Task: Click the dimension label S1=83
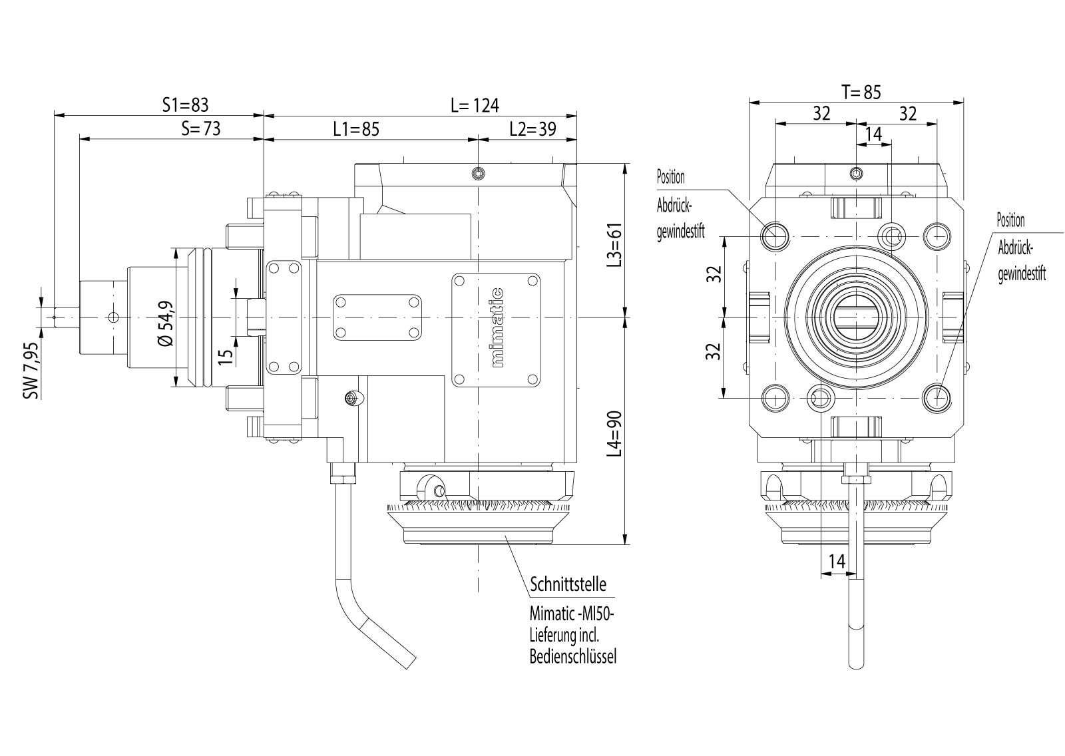[186, 105]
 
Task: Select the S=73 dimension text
[200, 128]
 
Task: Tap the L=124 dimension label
[474, 105]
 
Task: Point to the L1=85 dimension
[356, 128]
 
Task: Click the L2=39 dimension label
[532, 128]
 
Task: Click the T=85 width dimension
[861, 92]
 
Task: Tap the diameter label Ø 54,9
[166, 323]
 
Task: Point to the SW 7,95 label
[31, 370]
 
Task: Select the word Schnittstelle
[568, 585]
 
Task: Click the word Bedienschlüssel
[573, 657]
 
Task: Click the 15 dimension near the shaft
[226, 356]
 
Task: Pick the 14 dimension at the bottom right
[837, 562]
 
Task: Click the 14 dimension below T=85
[873, 134]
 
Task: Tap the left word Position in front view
[670, 178]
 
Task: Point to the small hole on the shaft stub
[112, 317]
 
